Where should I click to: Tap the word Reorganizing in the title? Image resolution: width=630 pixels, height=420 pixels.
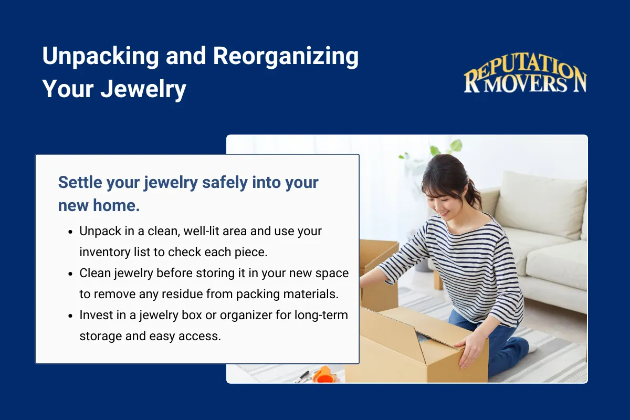pyautogui.click(x=286, y=56)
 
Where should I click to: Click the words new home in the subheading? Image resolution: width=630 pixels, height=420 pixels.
pyautogui.click(x=99, y=205)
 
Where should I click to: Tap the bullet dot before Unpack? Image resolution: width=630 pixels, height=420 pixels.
pyautogui.click(x=70, y=231)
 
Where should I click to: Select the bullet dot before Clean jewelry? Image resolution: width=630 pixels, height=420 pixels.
pyautogui.click(x=70, y=273)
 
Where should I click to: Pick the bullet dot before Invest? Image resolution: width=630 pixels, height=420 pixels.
pyautogui.click(x=70, y=315)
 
